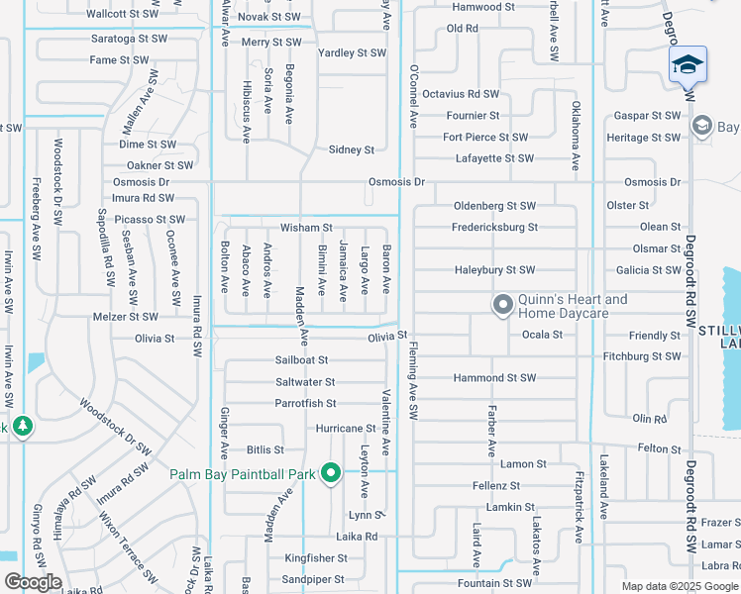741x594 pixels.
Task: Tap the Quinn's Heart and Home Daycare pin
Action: click(x=502, y=305)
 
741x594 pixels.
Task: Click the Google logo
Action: click(x=33, y=582)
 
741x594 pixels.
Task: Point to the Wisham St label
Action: click(x=305, y=228)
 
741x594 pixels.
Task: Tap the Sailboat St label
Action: click(x=301, y=360)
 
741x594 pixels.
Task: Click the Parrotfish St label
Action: click(x=306, y=403)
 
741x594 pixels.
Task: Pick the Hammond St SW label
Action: click(x=494, y=378)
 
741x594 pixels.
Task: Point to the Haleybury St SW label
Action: click(x=494, y=270)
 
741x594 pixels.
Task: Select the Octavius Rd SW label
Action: click(x=460, y=94)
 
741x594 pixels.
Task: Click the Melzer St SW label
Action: click(x=124, y=317)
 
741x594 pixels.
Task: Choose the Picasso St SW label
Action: click(x=150, y=219)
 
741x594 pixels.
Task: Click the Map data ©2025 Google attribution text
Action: click(x=679, y=586)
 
